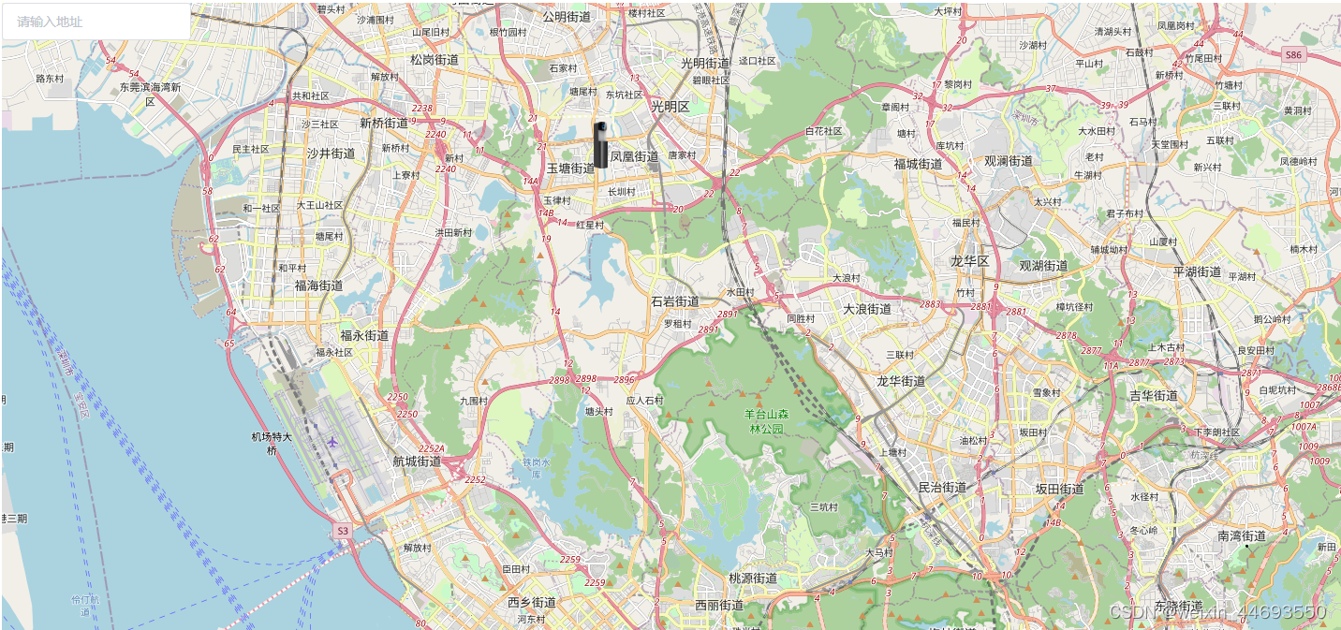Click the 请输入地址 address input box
point(96,22)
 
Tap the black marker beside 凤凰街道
point(601,144)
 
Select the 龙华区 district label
point(969,261)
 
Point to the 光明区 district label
point(670,107)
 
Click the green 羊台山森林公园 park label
point(767,421)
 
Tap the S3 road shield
point(342,531)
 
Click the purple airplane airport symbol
point(332,442)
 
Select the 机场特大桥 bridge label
point(272,443)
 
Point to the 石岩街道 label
point(675,301)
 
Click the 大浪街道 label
point(867,309)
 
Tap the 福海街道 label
point(318,286)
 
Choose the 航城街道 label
point(417,462)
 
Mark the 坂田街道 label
point(1059,489)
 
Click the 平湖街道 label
point(1197,272)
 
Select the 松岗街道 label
point(435,59)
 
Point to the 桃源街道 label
point(753,579)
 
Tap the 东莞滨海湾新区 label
point(150,94)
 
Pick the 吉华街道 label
point(1154,396)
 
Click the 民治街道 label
point(942,488)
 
